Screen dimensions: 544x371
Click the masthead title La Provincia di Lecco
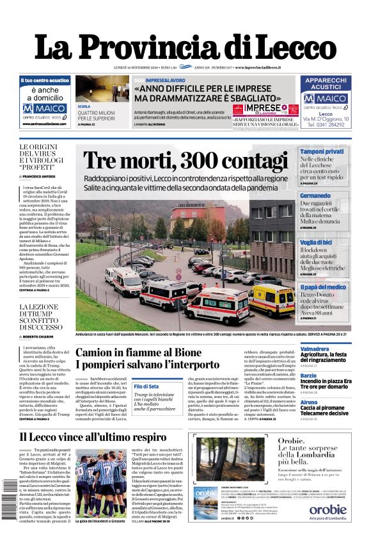(x=185, y=46)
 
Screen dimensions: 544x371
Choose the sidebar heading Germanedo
(x=315, y=195)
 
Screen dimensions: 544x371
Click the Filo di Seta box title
(x=146, y=387)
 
